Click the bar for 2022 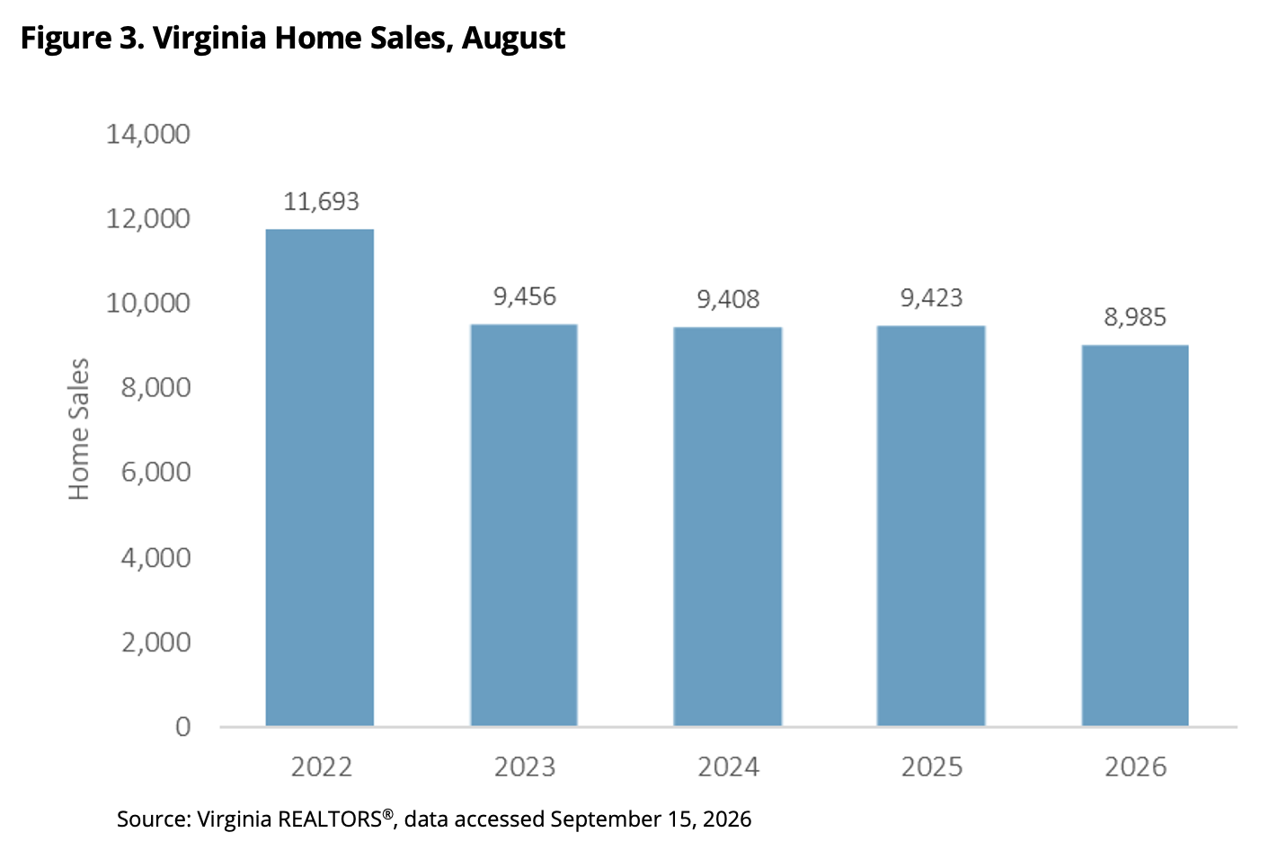tap(320, 477)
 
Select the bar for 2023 tap(524, 525)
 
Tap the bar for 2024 tap(727, 527)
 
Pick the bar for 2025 tap(931, 526)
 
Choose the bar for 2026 tap(1135, 535)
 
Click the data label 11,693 tap(321, 201)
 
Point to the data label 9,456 tap(525, 297)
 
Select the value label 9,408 tap(728, 299)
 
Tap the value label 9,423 tap(932, 298)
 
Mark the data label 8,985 tap(1135, 317)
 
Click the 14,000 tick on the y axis tap(148, 135)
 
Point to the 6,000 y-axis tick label tap(155, 473)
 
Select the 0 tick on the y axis tap(183, 726)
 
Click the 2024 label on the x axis tap(728, 767)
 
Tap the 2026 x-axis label tap(1136, 767)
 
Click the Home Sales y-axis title tap(79, 429)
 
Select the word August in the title tap(513, 39)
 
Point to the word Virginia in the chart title tap(209, 39)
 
